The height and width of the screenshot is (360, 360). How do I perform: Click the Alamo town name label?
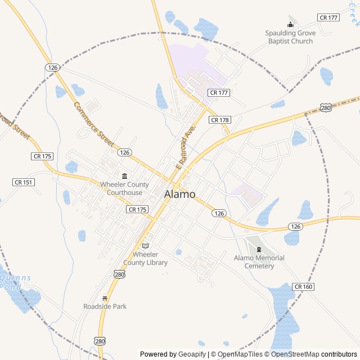(x=180, y=194)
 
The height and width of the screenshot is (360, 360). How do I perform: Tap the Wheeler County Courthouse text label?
(x=125, y=188)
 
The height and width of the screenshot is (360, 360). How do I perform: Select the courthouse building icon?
(x=124, y=176)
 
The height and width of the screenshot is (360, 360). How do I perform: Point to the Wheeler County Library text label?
(x=145, y=258)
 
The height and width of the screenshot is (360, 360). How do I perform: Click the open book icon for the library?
(x=145, y=246)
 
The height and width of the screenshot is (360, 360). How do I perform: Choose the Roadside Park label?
(x=105, y=306)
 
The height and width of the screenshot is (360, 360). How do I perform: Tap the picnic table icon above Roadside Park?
(x=105, y=298)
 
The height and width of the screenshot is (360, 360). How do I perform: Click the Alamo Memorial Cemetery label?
(x=259, y=262)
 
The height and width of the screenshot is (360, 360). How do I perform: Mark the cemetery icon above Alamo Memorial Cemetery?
(x=259, y=250)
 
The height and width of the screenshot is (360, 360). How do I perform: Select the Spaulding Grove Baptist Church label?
(x=290, y=37)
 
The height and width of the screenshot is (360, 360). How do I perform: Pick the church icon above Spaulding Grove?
(x=290, y=24)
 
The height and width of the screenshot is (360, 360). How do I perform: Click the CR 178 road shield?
(x=220, y=120)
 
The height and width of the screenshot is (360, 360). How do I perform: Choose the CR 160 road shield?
(x=303, y=287)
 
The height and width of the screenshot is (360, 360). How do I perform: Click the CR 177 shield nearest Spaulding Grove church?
(x=328, y=17)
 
